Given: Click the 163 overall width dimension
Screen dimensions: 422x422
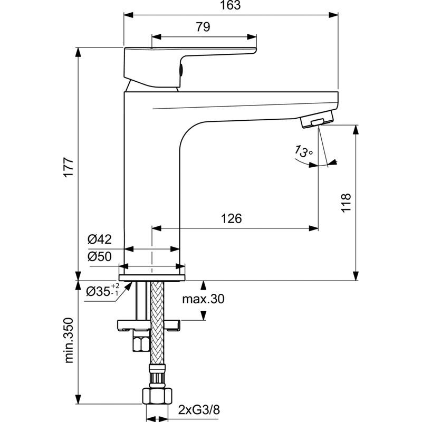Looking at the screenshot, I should click(x=231, y=6).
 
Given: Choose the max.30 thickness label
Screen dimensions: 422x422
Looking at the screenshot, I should click(x=203, y=300).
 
